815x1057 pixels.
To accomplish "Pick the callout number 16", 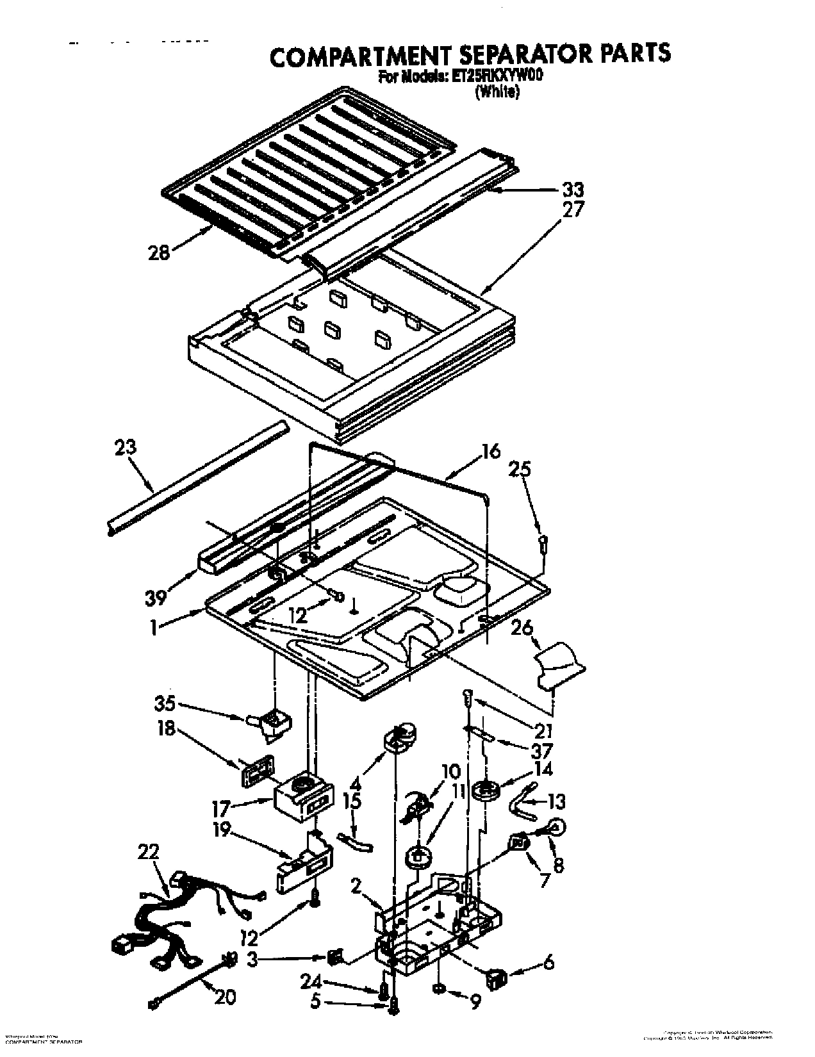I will [x=491, y=452].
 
